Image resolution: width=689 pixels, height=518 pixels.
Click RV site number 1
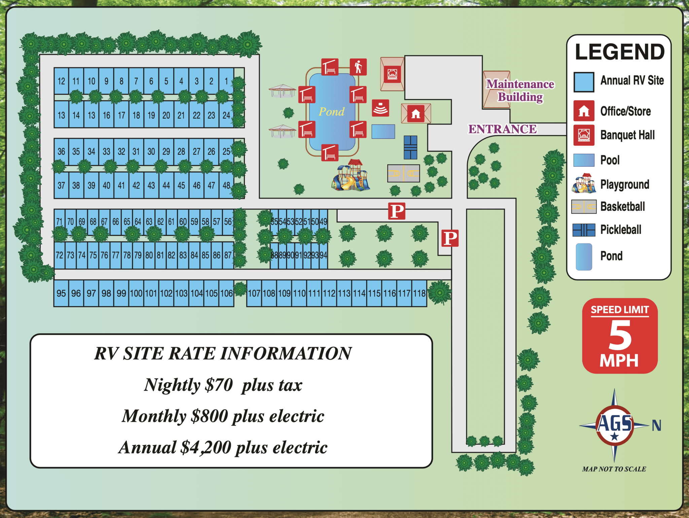[226, 81]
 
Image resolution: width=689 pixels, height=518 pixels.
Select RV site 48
[226, 185]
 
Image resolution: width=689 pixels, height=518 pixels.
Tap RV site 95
[61, 293]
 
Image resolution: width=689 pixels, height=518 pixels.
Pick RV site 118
[419, 293]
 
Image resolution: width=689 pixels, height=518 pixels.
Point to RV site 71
[60, 222]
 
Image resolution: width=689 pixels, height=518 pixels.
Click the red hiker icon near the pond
[358, 67]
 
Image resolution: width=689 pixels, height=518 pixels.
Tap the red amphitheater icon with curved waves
[380, 108]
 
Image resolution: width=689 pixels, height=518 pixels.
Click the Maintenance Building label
[520, 90]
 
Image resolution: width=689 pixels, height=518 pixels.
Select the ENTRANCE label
[503, 129]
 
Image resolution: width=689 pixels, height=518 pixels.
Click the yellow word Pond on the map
[331, 111]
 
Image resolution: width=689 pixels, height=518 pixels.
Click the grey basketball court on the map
[403, 173]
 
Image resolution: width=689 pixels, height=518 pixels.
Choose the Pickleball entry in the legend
[621, 230]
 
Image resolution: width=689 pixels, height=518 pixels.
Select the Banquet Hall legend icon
[584, 135]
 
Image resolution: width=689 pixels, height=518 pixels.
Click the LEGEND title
[620, 52]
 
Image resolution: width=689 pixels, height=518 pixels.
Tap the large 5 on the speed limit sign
[620, 335]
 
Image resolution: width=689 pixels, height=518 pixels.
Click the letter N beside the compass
[656, 425]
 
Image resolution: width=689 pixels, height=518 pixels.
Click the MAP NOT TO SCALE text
[614, 469]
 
